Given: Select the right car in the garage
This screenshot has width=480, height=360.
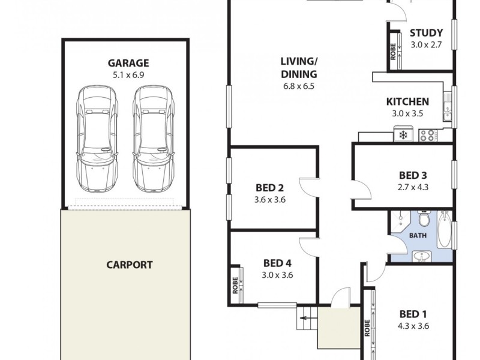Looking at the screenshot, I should click(153, 139).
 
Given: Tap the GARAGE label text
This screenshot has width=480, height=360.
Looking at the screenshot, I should click(128, 63).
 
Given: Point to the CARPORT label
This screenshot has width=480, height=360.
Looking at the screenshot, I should click(130, 264).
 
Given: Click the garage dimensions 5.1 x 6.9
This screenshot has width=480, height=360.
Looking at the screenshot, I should click(128, 75).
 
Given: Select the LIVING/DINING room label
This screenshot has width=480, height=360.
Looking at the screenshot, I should click(298, 67).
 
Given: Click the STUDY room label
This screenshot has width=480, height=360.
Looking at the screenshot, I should click(426, 33).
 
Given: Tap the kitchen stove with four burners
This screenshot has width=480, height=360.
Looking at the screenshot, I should click(428, 136).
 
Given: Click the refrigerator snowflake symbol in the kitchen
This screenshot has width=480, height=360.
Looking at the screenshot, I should click(402, 136).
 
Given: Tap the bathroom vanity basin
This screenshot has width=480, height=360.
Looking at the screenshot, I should click(423, 257).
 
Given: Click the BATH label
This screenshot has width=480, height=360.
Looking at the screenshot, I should click(418, 235).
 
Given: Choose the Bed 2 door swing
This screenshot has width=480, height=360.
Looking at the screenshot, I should click(308, 187).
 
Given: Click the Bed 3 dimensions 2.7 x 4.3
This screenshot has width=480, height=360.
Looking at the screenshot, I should click(413, 187).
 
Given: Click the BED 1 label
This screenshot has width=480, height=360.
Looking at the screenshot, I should click(413, 314).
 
